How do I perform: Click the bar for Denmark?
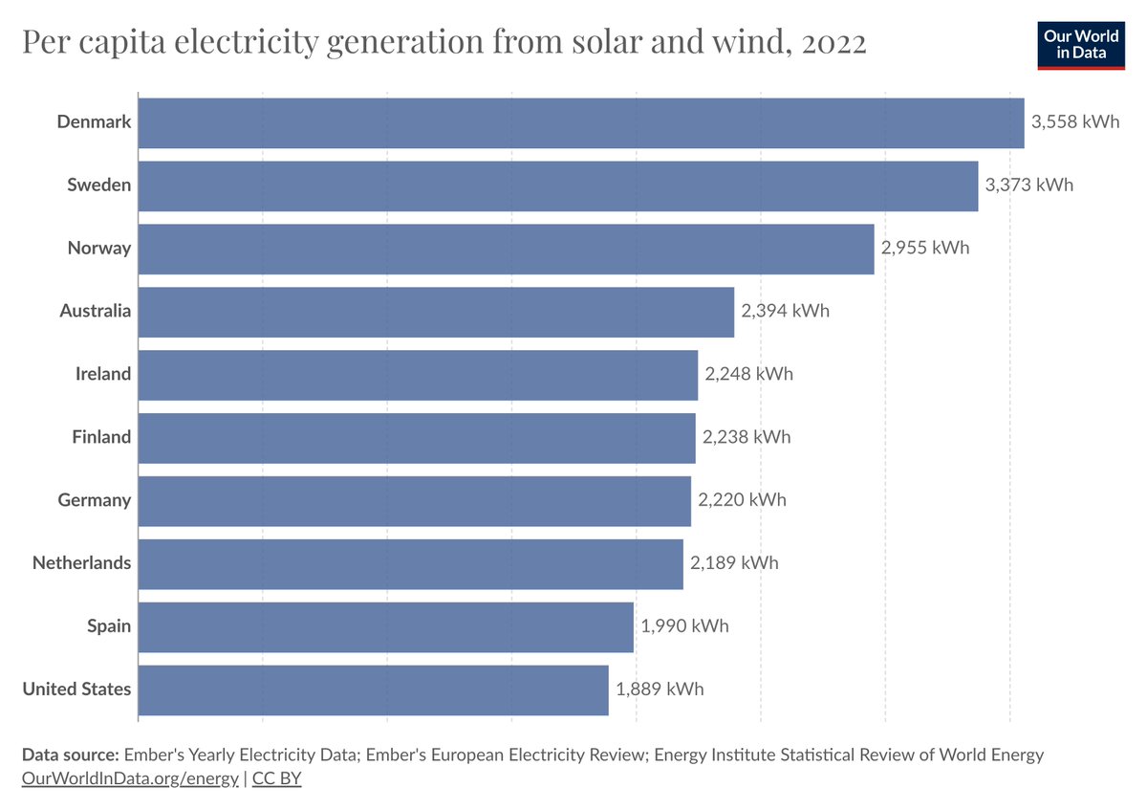click(x=581, y=122)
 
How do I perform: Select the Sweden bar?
click(x=558, y=186)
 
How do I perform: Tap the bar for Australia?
click(x=436, y=312)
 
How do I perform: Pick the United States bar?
click(x=374, y=690)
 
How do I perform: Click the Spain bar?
click(x=386, y=627)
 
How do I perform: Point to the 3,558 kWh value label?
click(x=1075, y=122)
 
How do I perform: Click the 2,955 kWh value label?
click(x=925, y=249)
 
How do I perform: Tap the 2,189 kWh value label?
click(x=734, y=563)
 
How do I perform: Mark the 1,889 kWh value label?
click(x=660, y=690)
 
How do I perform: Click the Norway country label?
click(x=98, y=249)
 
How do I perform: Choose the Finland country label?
click(x=101, y=438)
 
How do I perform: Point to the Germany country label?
click(x=94, y=500)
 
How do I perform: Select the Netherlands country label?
click(x=81, y=563)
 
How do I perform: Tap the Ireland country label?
click(x=103, y=375)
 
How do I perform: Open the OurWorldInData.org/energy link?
click(x=130, y=778)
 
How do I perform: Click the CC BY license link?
click(x=277, y=778)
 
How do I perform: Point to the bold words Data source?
click(x=70, y=755)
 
